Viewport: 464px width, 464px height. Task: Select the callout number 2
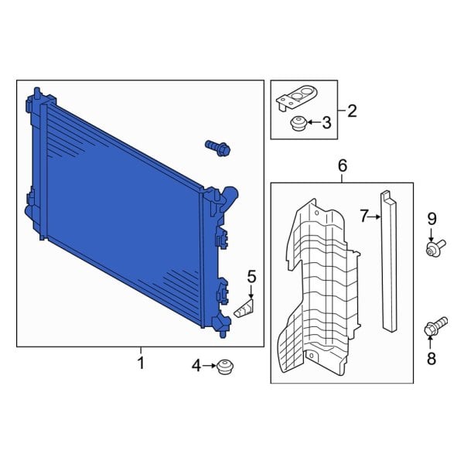352,111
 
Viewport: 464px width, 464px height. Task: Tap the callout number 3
326,122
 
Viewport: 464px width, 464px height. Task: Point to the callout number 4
196,365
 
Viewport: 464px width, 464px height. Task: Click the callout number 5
251,276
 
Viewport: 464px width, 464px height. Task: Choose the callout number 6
343,165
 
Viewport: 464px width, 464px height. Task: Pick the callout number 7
365,217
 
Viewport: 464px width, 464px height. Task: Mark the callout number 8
432,358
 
